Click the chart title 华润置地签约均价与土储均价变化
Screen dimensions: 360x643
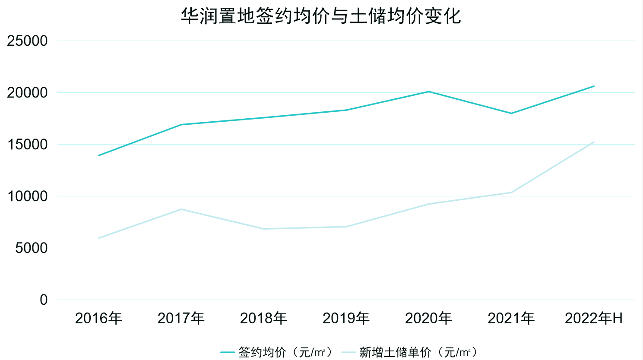tap(321, 16)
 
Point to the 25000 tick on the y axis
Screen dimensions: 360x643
tap(27, 41)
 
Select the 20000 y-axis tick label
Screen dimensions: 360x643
tap(27, 93)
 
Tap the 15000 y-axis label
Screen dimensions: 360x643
tap(27, 145)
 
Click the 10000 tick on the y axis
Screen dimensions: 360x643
tap(27, 196)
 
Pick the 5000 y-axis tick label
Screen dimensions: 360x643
tap(31, 248)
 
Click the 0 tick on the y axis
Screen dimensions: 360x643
tap(44, 300)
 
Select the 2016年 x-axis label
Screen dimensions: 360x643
tap(98, 319)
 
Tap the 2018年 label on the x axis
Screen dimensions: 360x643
tap(263, 319)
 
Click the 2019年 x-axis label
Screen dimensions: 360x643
tap(346, 319)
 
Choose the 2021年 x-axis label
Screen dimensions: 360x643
tap(511, 319)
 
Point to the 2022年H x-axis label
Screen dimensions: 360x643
tap(594, 319)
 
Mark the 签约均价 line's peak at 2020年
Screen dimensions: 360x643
tap(429, 92)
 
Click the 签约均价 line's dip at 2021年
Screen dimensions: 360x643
tap(511, 114)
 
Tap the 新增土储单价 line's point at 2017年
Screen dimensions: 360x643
tap(181, 209)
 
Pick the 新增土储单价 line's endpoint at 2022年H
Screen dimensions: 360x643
tap(594, 142)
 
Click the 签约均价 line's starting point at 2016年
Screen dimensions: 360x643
tap(99, 155)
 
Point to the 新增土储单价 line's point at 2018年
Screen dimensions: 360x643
tap(264, 229)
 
